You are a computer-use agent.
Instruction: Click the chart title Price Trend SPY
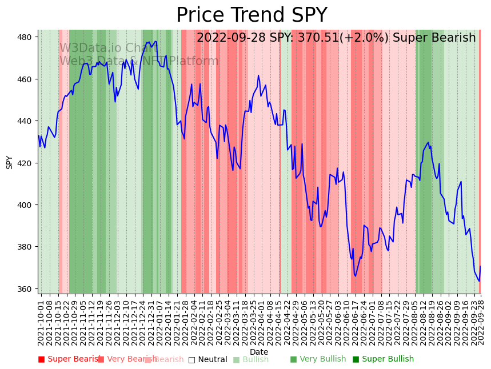(252, 15)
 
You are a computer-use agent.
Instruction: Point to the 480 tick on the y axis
(26, 37)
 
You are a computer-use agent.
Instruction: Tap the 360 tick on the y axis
(26, 289)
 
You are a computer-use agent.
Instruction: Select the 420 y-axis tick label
(26, 163)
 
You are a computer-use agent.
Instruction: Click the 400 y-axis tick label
(26, 205)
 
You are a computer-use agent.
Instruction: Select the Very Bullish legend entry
(318, 359)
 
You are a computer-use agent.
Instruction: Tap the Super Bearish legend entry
(70, 359)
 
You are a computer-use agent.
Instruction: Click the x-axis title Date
(259, 352)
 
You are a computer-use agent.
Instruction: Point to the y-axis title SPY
(9, 162)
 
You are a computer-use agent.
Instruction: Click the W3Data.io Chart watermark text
(109, 48)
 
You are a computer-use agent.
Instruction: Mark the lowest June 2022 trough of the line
(355, 276)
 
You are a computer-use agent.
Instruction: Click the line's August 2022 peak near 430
(428, 142)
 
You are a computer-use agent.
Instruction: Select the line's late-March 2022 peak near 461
(258, 75)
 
